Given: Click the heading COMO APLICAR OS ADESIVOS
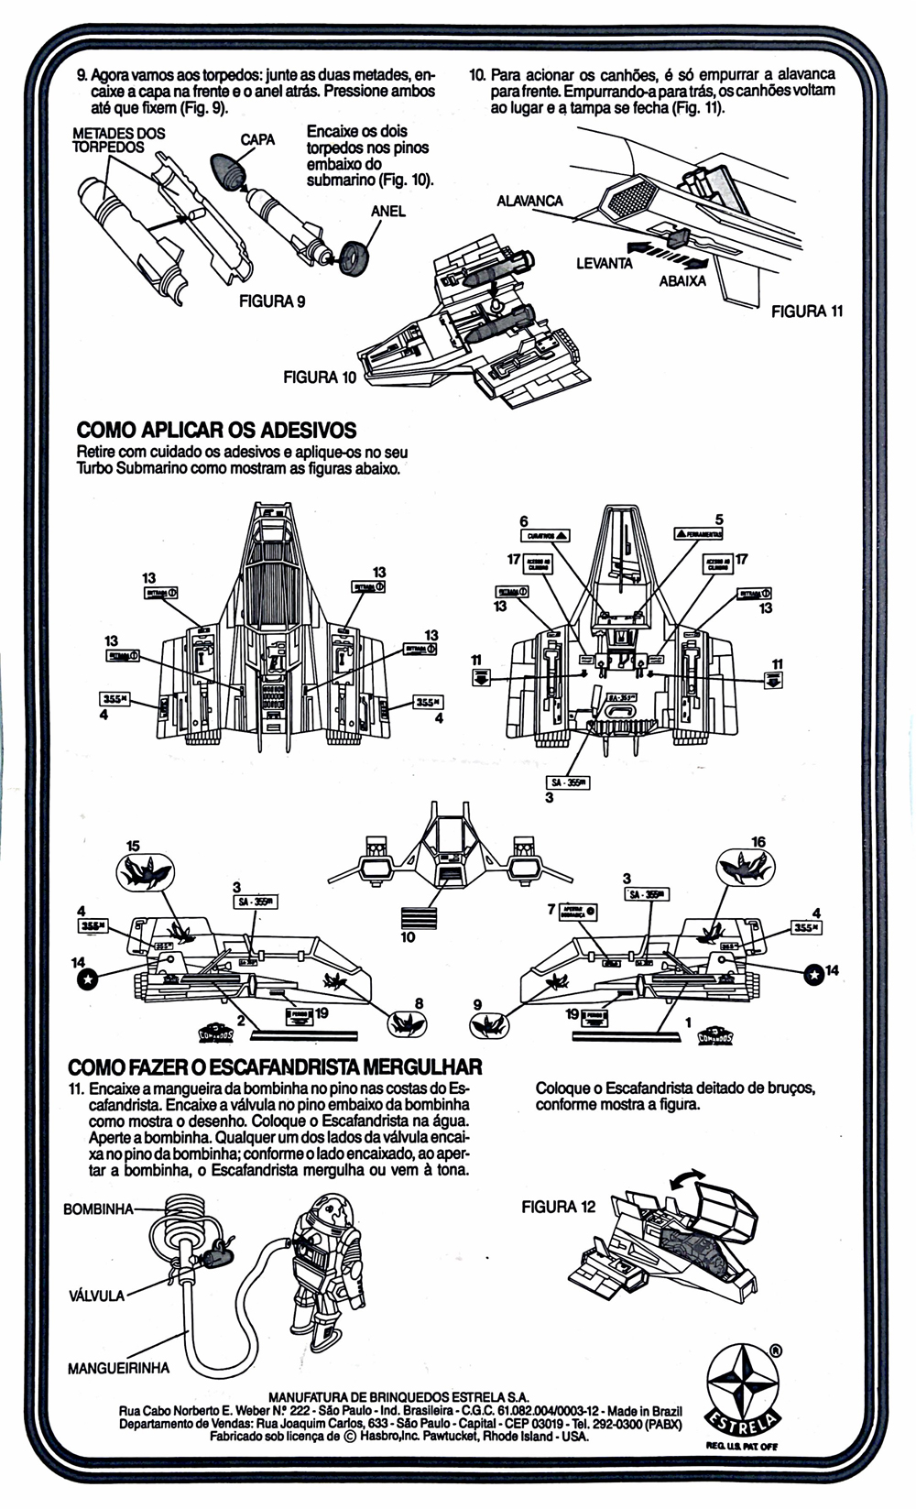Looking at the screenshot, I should (x=217, y=430).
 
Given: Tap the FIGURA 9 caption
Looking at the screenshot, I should (x=272, y=301).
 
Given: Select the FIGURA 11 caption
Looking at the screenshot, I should (x=807, y=312).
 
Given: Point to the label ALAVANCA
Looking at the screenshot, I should (x=529, y=201).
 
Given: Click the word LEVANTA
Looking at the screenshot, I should (x=604, y=264).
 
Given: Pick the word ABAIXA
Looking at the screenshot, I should (x=682, y=281).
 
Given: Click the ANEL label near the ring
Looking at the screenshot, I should (x=388, y=212).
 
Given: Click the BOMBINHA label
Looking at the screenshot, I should (x=99, y=1209).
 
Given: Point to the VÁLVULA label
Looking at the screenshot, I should (x=96, y=1296).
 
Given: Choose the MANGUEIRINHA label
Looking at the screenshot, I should (x=118, y=1369).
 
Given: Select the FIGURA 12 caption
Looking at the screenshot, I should (x=558, y=1207).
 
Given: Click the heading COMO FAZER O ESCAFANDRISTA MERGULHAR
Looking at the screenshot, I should (x=275, y=1067).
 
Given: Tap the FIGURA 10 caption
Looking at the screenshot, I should (x=320, y=377).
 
